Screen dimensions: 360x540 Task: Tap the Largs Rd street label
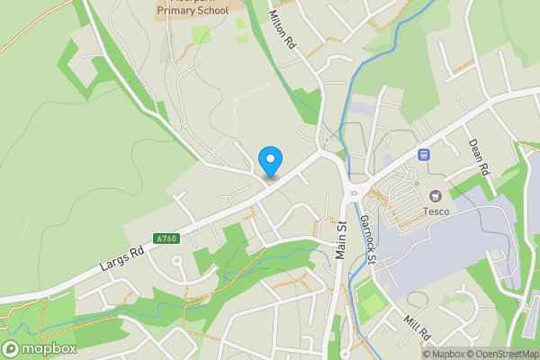pos(122,262)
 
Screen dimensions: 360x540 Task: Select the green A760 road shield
pos(165,238)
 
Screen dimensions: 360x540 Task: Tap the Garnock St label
pos(367,238)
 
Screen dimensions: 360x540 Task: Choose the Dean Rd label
pos(479,157)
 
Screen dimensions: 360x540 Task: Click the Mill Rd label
pos(418,328)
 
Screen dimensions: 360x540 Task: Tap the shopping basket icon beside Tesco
pos(436,194)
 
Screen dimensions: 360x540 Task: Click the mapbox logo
pos(40,348)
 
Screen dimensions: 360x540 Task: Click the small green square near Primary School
pos(201,34)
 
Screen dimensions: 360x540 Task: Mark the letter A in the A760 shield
pos(157,238)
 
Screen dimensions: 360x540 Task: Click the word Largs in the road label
pos(112,267)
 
